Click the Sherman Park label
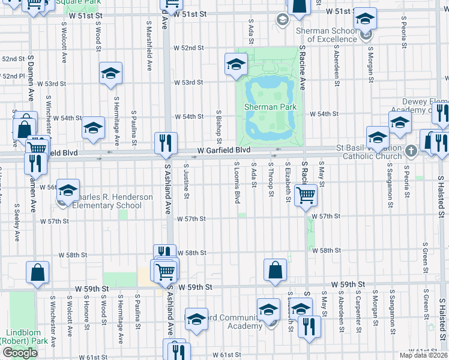270,107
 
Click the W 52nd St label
189,48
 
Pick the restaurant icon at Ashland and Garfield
166,143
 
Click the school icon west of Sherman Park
236,64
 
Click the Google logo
20,353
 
